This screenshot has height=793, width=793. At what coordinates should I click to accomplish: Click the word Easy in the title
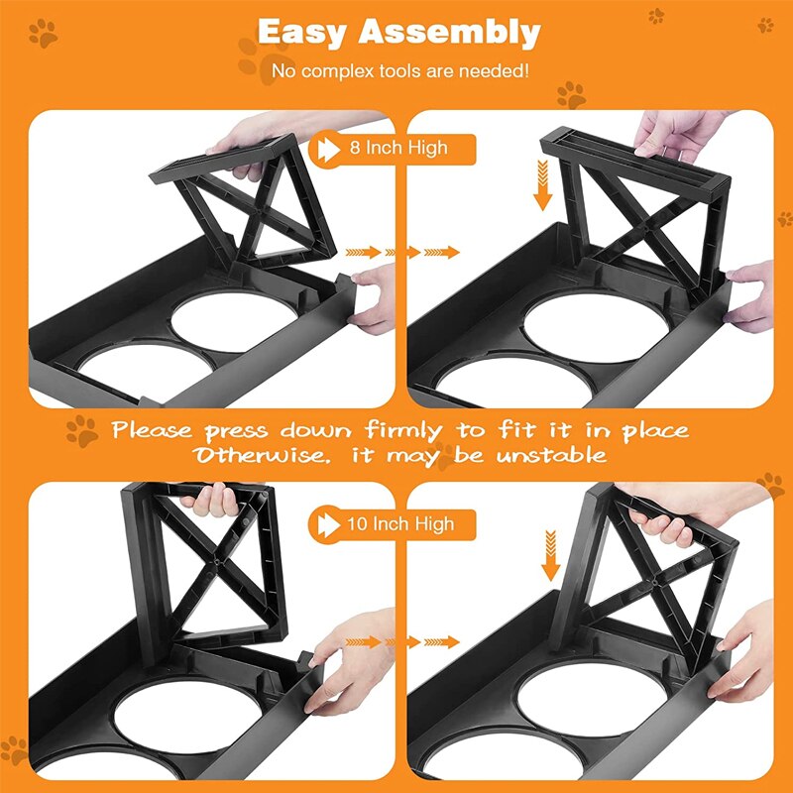tap(301, 34)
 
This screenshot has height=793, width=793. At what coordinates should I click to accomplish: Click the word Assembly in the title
tap(450, 34)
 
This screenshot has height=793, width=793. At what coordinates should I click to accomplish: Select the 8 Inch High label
tap(398, 148)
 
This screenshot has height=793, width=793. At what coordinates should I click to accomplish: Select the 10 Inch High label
tap(400, 524)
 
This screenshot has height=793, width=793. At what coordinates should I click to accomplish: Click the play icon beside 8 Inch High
tap(328, 150)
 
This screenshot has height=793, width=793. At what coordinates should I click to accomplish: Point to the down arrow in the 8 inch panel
tap(542, 185)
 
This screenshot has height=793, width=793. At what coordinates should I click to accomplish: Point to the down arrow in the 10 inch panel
tap(550, 555)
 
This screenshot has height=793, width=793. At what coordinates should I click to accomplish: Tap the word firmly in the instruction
tap(403, 431)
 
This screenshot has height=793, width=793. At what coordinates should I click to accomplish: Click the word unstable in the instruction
tap(551, 456)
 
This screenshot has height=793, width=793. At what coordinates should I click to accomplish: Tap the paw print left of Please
tap(82, 431)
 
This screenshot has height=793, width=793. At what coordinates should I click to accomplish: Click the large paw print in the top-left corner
tap(43, 34)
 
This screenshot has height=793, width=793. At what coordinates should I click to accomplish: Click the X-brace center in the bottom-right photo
tap(655, 582)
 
